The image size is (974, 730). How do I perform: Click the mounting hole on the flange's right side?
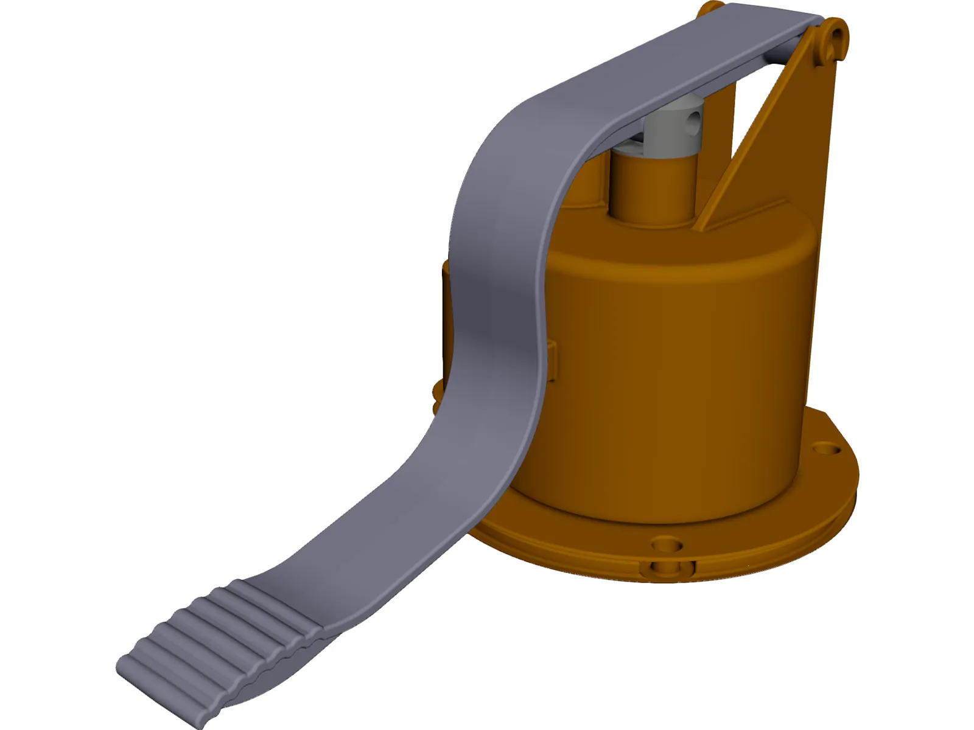pyautogui.click(x=829, y=450)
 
